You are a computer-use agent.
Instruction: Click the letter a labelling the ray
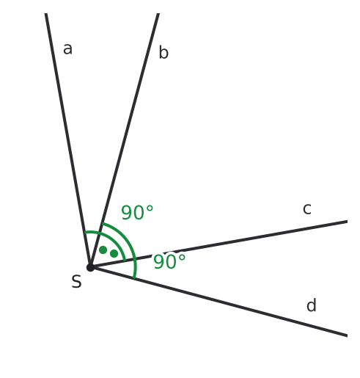pos(67,48)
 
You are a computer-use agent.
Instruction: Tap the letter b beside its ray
pos(164,52)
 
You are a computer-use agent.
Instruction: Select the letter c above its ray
pos(307,208)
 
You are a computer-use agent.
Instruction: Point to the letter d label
pos(312,305)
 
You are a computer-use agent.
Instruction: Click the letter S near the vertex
pos(76,282)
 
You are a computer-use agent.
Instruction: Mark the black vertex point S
pos(90,267)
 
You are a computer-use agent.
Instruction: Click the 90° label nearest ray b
pos(137,212)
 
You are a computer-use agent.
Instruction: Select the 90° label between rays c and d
pos(169,261)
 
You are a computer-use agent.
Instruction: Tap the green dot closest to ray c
pos(114,253)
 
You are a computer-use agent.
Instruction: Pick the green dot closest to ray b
pos(103,250)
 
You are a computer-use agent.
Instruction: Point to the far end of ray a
pos(45,14)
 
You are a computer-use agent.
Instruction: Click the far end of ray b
pos(158,14)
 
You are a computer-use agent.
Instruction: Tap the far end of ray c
pos(347,222)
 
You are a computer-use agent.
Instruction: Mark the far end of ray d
pos(347,335)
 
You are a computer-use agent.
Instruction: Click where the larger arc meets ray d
pos(133,278)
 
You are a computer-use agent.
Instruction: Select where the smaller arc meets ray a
pos(84,232)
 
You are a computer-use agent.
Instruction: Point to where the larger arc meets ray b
pos(102,223)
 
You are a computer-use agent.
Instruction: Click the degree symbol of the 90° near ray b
pos(150,208)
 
